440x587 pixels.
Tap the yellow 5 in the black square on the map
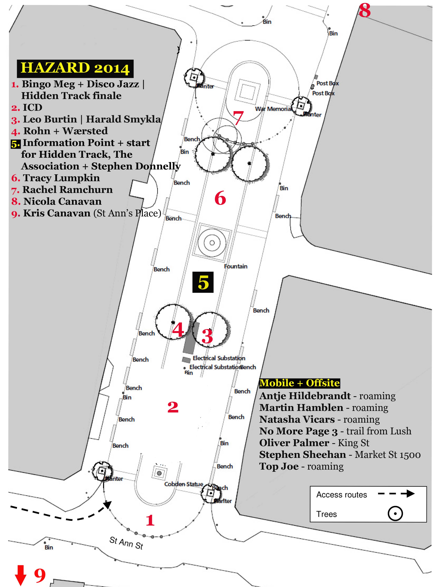(203, 282)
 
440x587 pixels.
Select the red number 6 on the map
(220, 198)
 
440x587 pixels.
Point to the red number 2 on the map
(173, 407)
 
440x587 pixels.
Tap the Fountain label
(235, 266)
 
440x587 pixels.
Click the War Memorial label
(273, 109)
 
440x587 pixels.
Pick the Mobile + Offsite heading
(299, 383)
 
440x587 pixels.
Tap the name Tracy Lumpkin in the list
(61, 178)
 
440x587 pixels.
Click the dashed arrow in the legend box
(396, 494)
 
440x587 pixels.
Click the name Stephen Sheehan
(302, 455)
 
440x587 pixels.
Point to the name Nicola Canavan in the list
(62, 201)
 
